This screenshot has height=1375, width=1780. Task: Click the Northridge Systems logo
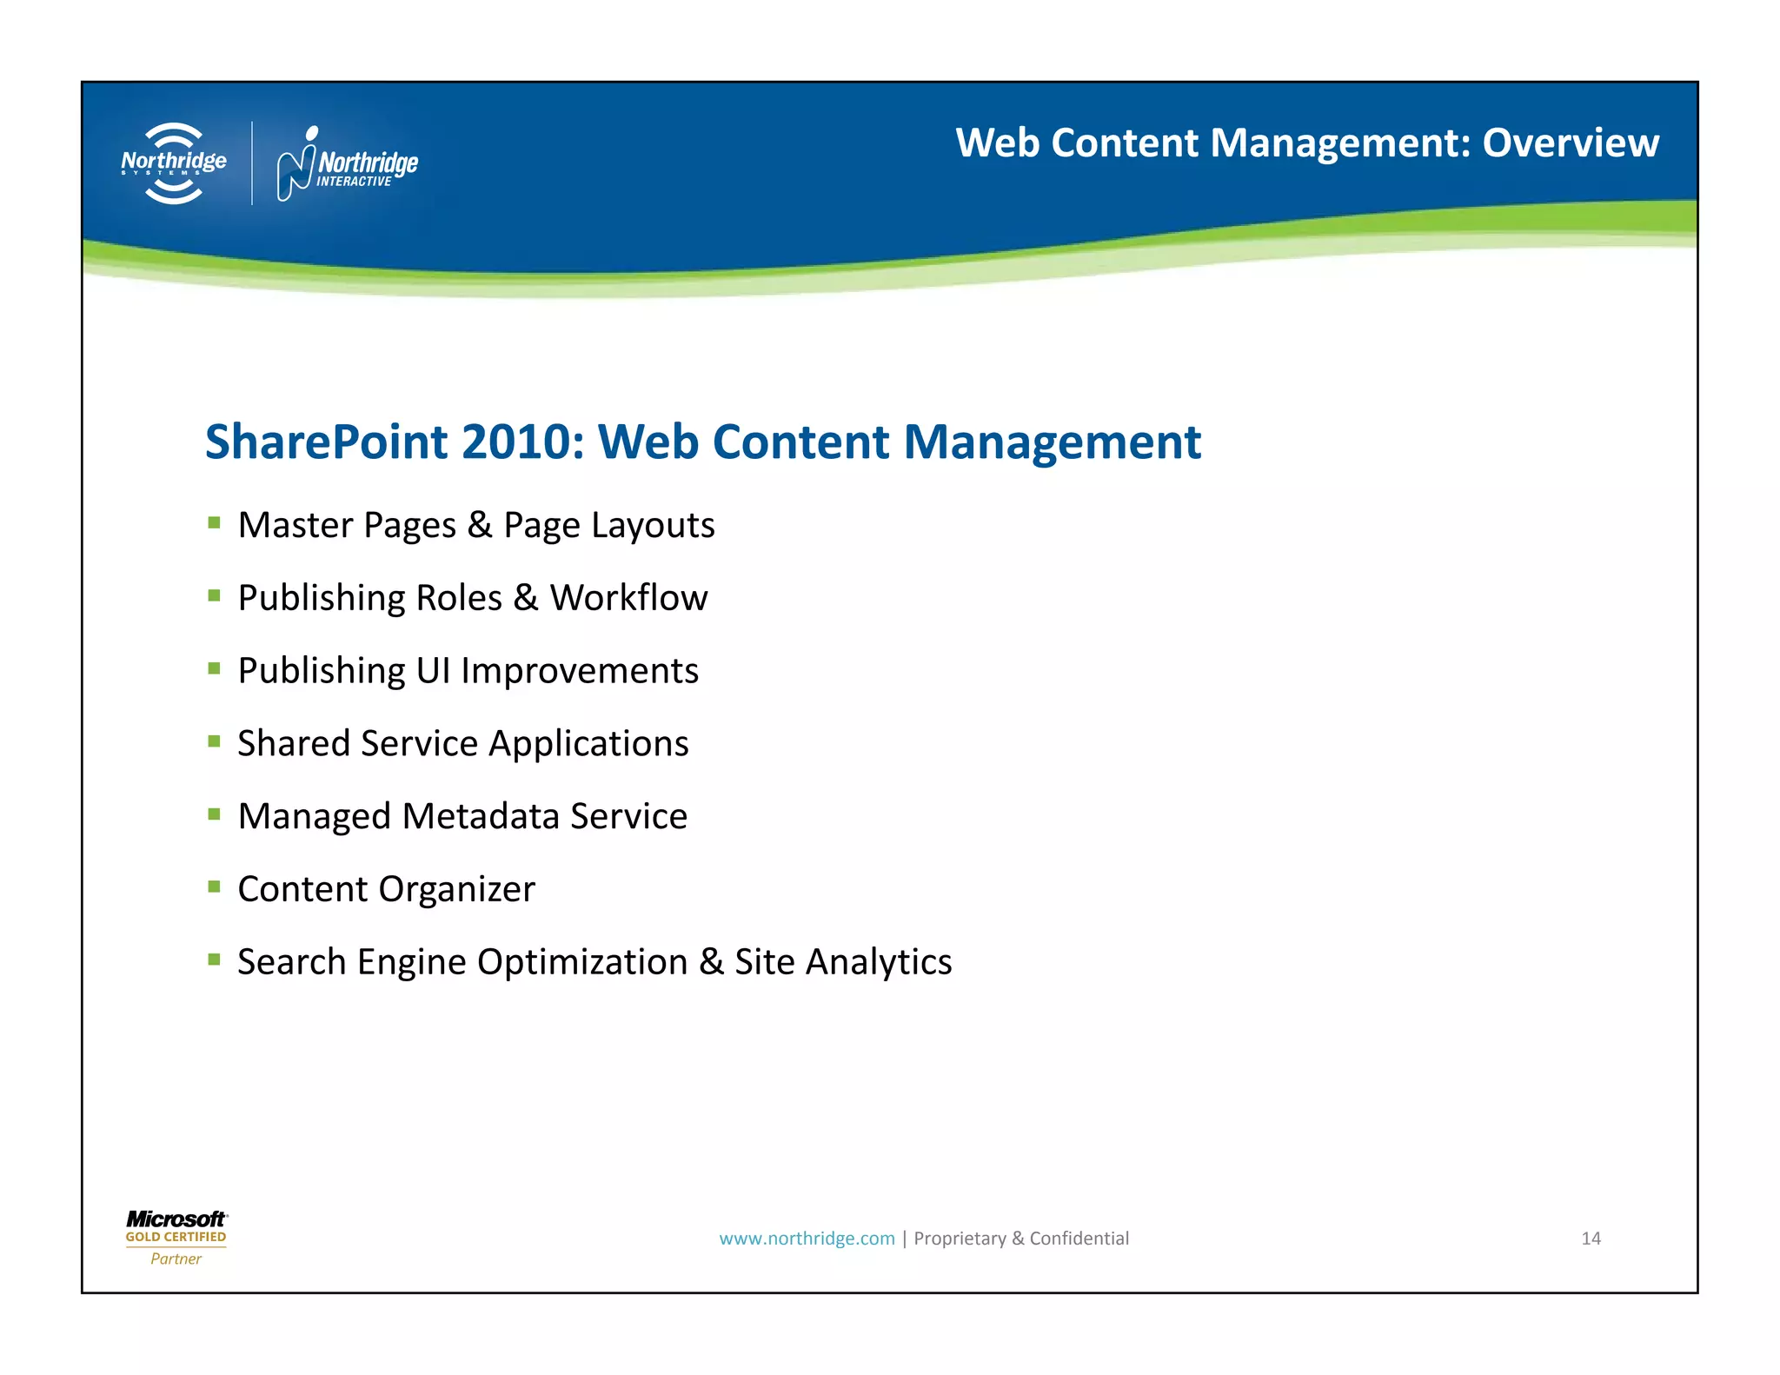[x=174, y=163]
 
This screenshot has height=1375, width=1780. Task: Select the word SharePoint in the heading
[x=326, y=442]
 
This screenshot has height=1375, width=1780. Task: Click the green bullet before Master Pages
[x=214, y=522]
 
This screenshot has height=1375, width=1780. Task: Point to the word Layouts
[x=653, y=525]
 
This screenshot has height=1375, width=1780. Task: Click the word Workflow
[x=628, y=598]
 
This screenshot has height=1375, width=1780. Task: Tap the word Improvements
[x=579, y=671]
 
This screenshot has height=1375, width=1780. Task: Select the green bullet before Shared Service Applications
[x=214, y=741]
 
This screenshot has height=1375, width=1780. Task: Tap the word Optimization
[x=582, y=962]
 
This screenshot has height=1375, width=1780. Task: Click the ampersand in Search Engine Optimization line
[x=711, y=962]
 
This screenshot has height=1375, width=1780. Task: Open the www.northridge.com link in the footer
[x=806, y=1239]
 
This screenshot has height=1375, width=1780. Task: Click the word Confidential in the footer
[x=1079, y=1239]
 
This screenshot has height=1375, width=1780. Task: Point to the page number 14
[x=1591, y=1239]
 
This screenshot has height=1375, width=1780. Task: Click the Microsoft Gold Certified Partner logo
[x=176, y=1238]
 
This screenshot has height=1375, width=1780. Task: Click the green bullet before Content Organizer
[x=214, y=887]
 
